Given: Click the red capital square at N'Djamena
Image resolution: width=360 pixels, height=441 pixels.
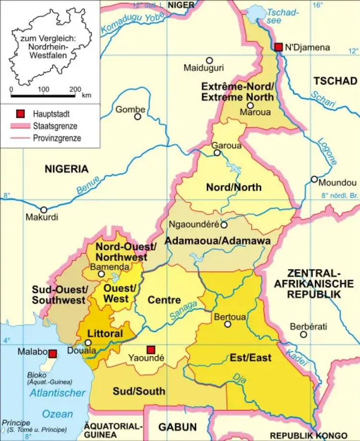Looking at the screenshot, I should tap(279, 47).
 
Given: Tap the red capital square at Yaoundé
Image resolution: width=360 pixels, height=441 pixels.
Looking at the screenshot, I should tap(151, 349).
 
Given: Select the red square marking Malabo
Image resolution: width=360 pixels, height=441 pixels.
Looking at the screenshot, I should tap(53, 354).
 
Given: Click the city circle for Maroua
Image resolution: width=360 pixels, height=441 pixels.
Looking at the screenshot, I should tap(250, 106).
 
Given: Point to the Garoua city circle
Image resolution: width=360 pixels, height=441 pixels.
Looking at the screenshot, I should tap(217, 153).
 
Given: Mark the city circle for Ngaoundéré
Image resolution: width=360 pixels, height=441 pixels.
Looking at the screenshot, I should tap(224, 224).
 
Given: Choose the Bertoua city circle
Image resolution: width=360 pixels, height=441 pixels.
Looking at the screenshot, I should tap(228, 324).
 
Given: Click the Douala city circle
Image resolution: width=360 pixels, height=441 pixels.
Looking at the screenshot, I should tap(88, 343).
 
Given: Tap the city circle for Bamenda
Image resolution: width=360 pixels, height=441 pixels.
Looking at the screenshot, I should tap(101, 274).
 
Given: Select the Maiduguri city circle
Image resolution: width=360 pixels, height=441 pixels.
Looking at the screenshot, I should tap(209, 61).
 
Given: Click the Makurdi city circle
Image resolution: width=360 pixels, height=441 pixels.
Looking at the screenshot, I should tap(44, 209).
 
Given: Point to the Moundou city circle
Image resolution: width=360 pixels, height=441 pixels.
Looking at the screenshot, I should tap(314, 179).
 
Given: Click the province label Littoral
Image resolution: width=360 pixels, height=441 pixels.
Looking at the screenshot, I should tap(105, 333).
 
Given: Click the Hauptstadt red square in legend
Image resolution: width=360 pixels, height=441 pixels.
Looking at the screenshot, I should tap(20, 114).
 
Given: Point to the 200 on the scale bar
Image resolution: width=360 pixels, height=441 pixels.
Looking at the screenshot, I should tap(75, 89).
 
